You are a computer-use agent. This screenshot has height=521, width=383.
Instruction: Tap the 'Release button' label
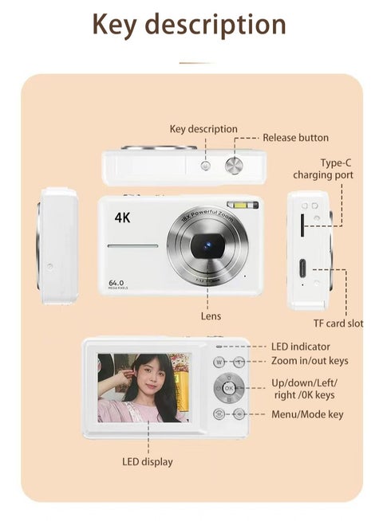pyautogui.click(x=295, y=138)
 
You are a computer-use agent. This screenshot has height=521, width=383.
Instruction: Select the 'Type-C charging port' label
pyautogui.click(x=322, y=169)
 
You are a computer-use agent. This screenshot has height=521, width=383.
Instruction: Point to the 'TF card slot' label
pyautogui.click(x=338, y=323)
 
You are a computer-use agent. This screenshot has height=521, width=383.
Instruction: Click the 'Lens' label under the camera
pyautogui.click(x=211, y=316)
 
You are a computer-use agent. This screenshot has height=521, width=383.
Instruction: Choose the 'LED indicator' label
pyautogui.click(x=300, y=347)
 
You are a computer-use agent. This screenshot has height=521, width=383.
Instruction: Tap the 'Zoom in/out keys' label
pyautogui.click(x=310, y=361)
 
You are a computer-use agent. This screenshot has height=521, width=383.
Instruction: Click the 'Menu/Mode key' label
pyautogui.click(x=307, y=414)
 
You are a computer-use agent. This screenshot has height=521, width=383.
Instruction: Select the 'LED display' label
pyautogui.click(x=147, y=461)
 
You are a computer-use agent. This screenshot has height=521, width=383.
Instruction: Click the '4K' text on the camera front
pyautogui.click(x=122, y=217)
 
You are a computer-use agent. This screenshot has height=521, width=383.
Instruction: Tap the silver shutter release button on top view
pyautogui.click(x=235, y=165)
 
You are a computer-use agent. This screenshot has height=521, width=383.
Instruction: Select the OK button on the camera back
pyautogui.click(x=229, y=388)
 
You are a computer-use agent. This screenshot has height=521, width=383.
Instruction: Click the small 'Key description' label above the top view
pyautogui.click(x=203, y=129)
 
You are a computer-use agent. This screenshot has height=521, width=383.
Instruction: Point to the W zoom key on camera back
pyautogui.click(x=219, y=362)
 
